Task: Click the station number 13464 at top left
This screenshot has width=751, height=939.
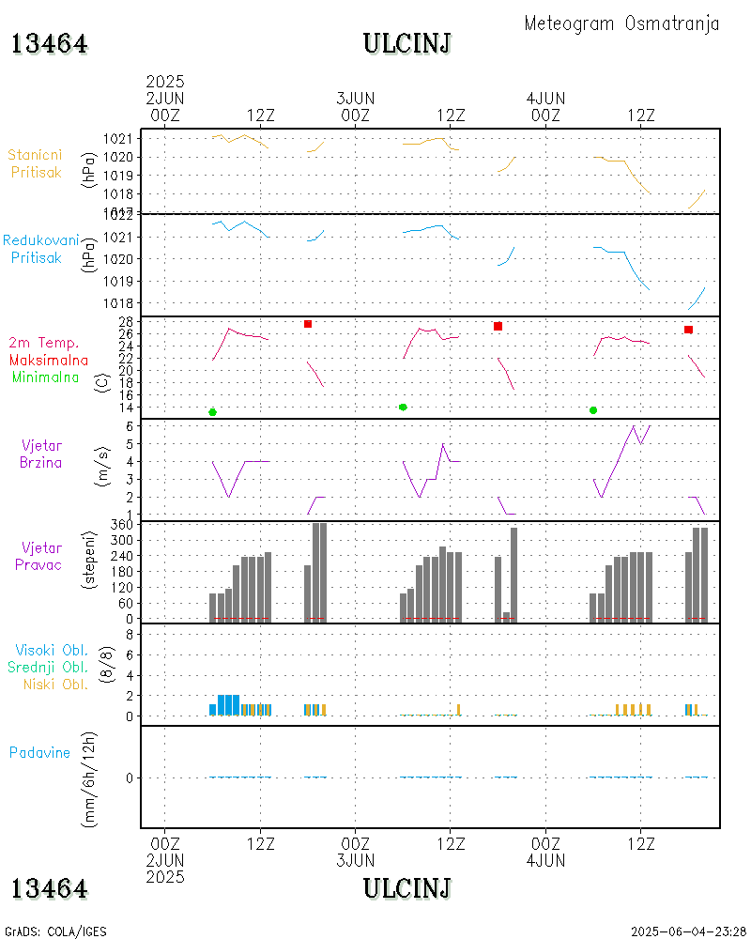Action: pos(50,44)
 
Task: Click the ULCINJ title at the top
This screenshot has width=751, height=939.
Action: pos(407,44)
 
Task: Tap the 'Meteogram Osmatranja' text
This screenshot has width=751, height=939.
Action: pos(621,23)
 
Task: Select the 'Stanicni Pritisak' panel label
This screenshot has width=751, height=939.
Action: pos(37,163)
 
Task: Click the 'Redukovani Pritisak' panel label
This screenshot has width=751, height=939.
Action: pos(40,248)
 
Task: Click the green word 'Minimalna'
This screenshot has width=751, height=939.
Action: pos(46,377)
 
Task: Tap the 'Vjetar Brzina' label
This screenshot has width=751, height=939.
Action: pos(42,453)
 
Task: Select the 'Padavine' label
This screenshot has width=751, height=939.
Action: pos(39,752)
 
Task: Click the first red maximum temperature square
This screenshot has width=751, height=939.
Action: pos(308,324)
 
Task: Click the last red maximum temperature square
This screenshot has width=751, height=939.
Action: pos(689,330)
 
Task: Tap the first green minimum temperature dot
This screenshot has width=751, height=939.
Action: pos(213,412)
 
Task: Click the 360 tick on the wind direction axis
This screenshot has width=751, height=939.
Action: pos(124,524)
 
